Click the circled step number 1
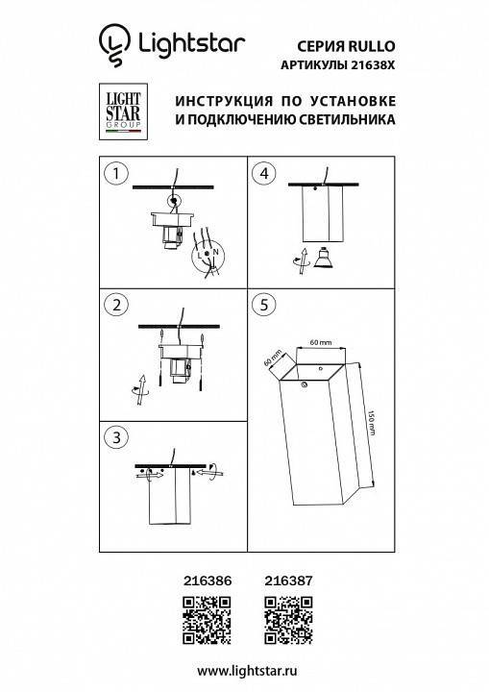tap(116, 174)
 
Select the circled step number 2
tap(116, 306)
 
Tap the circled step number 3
tap(116, 437)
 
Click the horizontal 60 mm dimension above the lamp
tap(320, 342)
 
